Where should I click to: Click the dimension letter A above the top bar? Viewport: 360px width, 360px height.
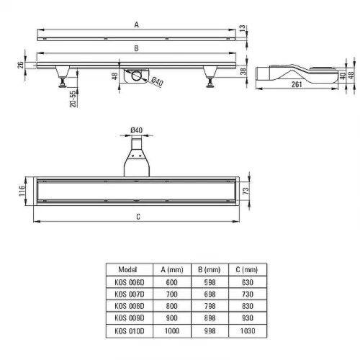[136, 24]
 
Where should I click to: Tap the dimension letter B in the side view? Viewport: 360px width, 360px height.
[136, 48]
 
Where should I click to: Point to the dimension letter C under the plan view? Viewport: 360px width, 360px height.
[138, 217]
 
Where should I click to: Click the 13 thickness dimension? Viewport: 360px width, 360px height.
[243, 28]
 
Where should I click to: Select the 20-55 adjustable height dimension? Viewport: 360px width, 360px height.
[73, 99]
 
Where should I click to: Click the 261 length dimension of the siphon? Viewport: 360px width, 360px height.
[297, 84]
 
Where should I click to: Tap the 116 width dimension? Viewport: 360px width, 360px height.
[22, 191]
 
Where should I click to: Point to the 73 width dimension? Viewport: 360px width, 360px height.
[246, 191]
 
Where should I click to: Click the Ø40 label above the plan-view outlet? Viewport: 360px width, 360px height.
[136, 130]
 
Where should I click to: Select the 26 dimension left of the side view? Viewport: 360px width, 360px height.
[20, 65]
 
